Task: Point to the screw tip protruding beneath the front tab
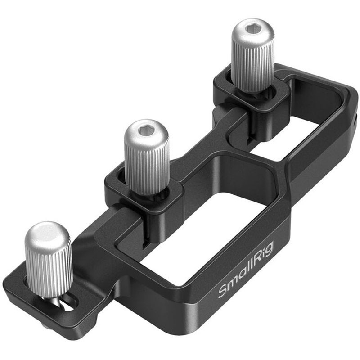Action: pyautogui.click(x=45, y=325)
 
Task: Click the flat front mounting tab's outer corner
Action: pyautogui.click(x=11, y=288)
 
